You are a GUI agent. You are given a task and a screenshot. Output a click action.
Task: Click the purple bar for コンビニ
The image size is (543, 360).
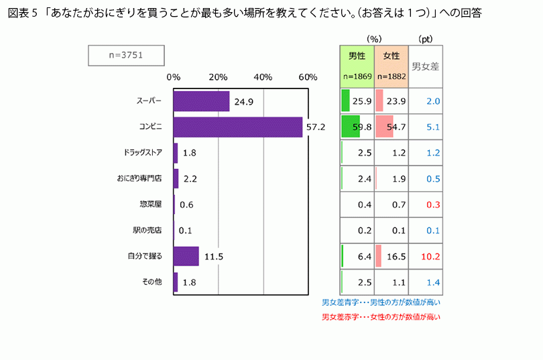tap(238, 127)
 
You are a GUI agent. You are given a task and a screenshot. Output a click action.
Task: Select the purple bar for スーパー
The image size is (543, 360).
tap(201, 101)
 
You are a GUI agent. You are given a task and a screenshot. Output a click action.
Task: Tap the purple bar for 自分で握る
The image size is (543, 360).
tap(186, 256)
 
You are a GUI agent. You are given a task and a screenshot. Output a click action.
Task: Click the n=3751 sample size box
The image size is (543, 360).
tap(126, 56)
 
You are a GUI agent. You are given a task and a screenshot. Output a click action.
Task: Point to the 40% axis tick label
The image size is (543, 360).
tap(263, 76)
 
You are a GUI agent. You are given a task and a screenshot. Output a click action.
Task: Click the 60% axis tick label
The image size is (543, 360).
tap(308, 76)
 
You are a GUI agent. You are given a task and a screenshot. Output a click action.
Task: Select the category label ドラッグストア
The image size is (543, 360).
tap(143, 153)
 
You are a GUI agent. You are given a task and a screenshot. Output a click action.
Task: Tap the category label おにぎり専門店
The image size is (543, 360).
tap(139, 178)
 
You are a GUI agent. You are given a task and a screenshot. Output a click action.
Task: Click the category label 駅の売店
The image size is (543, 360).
tap(147, 230)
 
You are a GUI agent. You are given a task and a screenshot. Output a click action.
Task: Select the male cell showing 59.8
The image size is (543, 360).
tap(357, 127)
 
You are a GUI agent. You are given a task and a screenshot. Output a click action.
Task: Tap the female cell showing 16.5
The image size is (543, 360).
tap(391, 256)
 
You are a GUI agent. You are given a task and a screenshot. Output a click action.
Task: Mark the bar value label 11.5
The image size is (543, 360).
tap(213, 256)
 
